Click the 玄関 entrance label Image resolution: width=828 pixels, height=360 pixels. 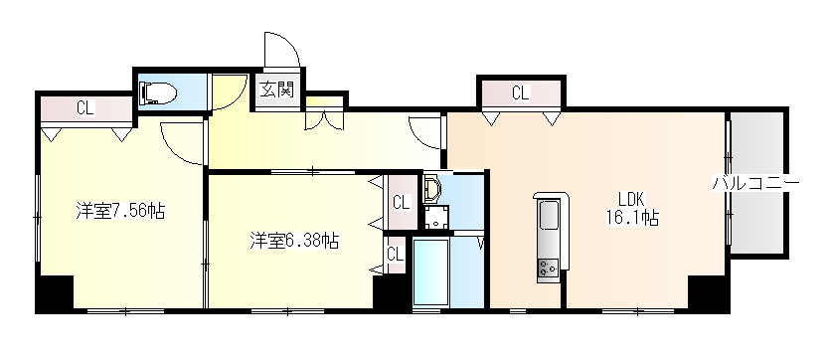[x=278, y=90]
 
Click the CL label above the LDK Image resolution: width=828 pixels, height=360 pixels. [x=520, y=93]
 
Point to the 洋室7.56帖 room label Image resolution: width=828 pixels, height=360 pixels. [x=121, y=211]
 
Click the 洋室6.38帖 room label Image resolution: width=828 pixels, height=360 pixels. [x=293, y=241]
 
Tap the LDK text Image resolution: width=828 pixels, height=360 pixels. [x=633, y=196]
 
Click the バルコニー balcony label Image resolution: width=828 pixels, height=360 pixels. [x=756, y=183]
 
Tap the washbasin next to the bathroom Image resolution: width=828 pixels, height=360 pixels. [x=431, y=190]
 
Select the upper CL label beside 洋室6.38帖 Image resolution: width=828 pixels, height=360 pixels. [x=402, y=203]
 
